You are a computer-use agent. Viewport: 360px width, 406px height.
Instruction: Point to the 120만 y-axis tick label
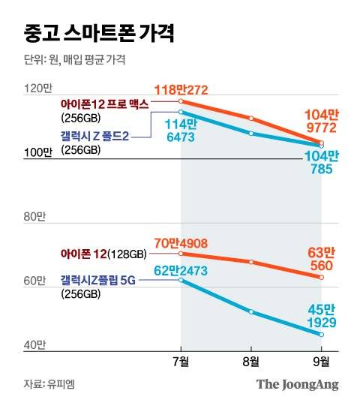35,89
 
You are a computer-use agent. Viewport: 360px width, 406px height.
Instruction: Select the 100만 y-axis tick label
35,153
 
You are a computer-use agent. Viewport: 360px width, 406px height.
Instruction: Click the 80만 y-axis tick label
33,217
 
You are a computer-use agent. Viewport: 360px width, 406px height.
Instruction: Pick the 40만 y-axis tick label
33,344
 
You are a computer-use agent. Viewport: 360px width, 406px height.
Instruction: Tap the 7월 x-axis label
181,361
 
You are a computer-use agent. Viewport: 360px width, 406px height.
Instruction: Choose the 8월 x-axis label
251,361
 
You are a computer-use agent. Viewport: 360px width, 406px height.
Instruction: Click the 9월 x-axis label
322,361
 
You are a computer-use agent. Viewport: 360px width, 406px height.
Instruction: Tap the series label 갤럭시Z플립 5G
100,280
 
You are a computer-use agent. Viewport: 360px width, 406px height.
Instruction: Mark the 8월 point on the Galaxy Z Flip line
251,311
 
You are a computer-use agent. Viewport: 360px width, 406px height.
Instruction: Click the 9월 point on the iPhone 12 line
322,277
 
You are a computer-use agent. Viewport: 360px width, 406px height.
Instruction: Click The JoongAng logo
297,384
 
